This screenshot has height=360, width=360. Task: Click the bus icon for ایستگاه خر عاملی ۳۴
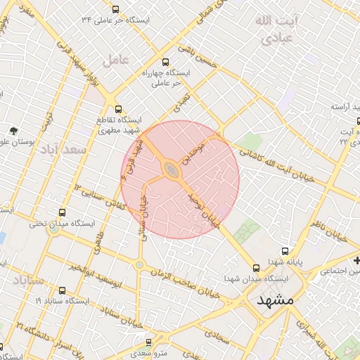tap(115, 9)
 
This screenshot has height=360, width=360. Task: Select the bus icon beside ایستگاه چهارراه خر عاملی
tap(166, 62)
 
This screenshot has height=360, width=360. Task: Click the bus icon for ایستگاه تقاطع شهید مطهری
tap(118, 109)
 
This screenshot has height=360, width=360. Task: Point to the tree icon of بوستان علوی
tap(13, 130)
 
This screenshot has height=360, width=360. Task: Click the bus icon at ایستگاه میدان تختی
tap(62, 212)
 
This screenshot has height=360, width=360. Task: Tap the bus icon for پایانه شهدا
tap(285, 250)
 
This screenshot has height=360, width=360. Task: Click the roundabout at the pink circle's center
tap(172, 169)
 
